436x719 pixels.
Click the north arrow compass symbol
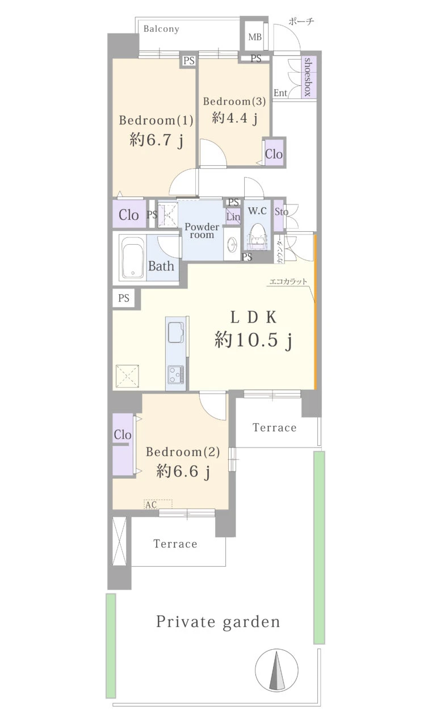coord(276,670)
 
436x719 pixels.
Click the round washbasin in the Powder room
coord(232,245)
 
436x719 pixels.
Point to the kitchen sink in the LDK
coord(176,333)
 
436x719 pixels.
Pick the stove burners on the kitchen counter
coord(176,375)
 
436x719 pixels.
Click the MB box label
coord(255,37)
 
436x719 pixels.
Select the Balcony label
coord(161,29)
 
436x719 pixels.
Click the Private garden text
coord(218,622)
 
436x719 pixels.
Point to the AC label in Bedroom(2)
coord(151,505)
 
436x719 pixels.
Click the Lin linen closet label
coord(233,217)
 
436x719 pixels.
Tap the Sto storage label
coord(281,211)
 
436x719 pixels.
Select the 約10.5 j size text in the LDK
coord(253,340)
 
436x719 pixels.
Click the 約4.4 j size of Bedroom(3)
coord(235,119)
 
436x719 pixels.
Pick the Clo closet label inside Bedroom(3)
coord(274,154)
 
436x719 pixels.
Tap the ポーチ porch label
coord(301,22)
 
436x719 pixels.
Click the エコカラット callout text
coord(288,282)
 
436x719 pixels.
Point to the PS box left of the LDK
coord(124,298)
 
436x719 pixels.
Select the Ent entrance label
coord(280,93)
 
